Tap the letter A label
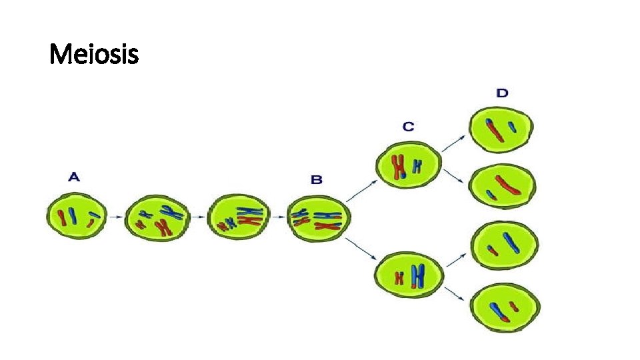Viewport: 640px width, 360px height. [x=75, y=177]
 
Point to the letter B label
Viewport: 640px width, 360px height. [x=317, y=179]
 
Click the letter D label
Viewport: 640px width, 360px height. [x=502, y=93]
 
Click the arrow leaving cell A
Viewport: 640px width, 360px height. [x=114, y=217]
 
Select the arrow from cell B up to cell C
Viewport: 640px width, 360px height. [x=360, y=191]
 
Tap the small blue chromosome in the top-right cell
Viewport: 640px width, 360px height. [x=512, y=126]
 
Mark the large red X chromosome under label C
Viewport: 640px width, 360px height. [x=399, y=166]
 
